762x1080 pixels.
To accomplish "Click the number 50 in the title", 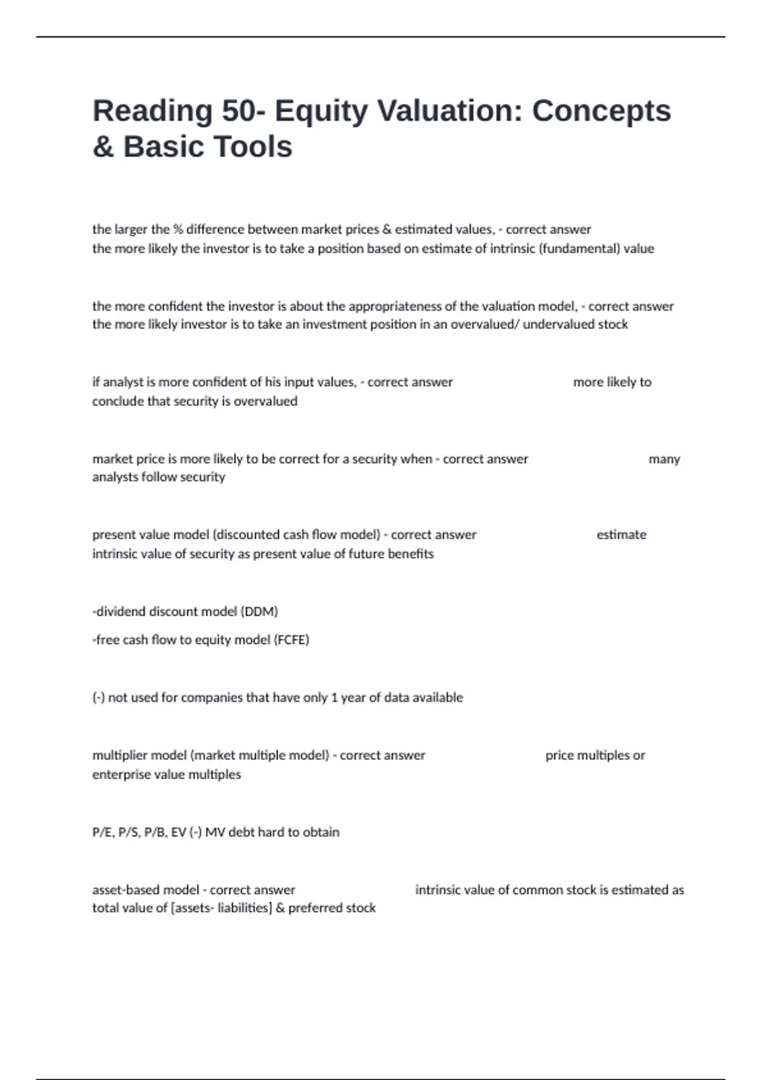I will [x=239, y=111].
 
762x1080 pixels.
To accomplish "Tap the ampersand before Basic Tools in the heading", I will [x=103, y=147].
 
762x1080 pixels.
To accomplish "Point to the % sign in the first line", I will [x=178, y=229].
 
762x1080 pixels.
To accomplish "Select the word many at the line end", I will [x=664, y=459].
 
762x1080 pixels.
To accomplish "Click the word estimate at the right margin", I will [x=621, y=534].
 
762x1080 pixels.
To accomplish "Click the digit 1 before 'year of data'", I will [x=334, y=698].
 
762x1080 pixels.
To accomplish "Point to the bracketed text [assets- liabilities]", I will [x=222, y=908].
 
